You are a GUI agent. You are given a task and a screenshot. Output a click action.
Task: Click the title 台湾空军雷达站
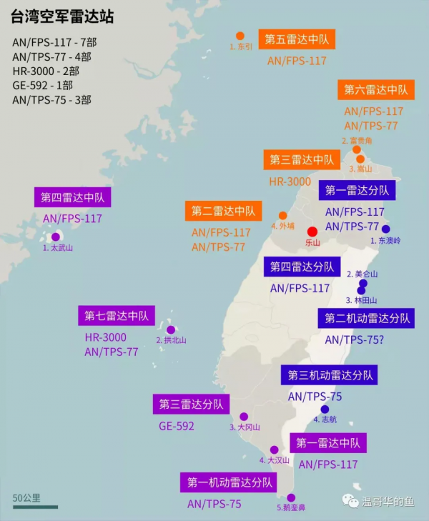coord(63,16)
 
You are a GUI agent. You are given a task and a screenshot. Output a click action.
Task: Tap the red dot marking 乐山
coord(312,232)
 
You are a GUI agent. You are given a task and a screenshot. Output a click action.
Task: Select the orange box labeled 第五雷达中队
coord(297,39)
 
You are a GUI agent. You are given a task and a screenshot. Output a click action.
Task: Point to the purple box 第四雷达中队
coord(73,197)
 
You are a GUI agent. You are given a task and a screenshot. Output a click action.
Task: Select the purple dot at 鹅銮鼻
coord(291,497)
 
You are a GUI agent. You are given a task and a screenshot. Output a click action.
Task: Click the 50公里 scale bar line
coord(35,507)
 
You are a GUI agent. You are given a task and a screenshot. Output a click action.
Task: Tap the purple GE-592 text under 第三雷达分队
coord(177,426)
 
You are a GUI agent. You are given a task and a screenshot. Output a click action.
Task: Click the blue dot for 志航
coord(325,410)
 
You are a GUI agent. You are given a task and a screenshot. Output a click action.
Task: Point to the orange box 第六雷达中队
coord(375,89)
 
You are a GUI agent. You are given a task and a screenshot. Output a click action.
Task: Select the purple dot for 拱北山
coord(170,330)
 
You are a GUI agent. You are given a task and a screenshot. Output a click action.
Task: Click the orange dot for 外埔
coord(283,215)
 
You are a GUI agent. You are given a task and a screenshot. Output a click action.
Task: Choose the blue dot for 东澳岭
coord(386,229)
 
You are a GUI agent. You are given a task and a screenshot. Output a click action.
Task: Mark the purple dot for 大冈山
coord(244,417)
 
